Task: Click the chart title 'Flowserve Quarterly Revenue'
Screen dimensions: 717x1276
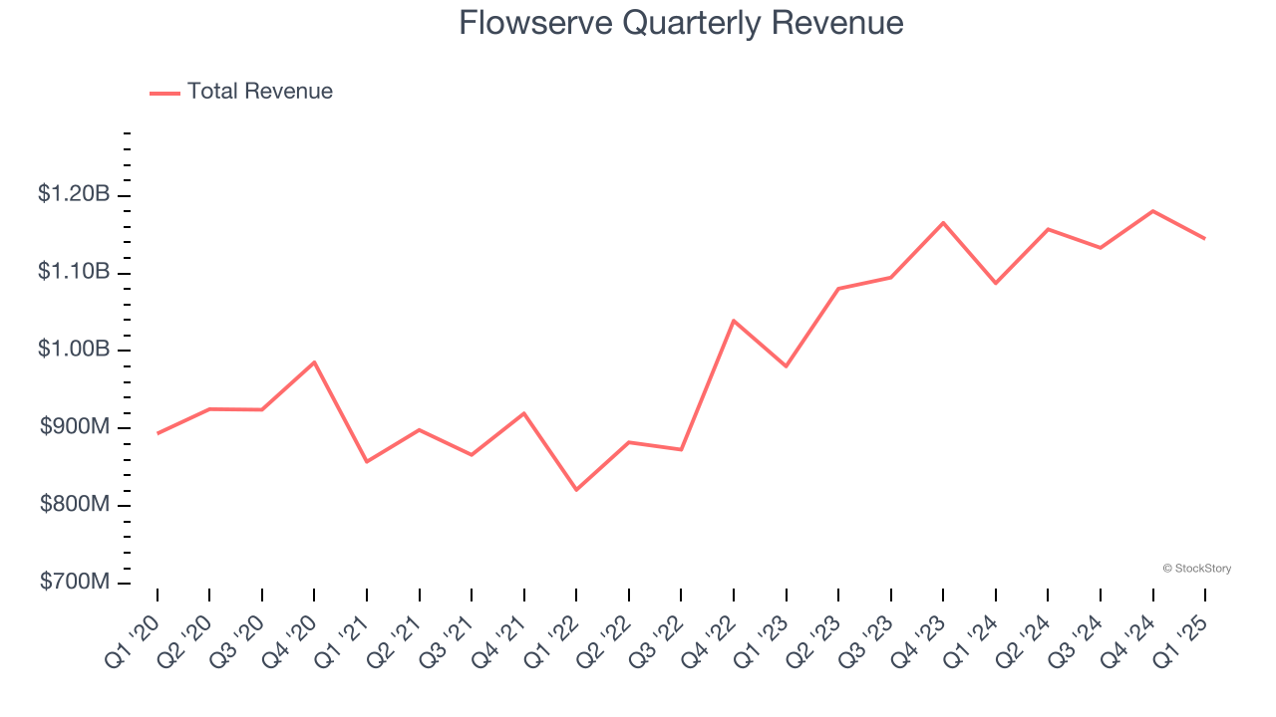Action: pos(681,23)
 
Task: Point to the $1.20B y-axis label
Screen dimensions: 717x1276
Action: pos(74,194)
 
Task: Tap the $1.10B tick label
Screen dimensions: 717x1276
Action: pos(74,272)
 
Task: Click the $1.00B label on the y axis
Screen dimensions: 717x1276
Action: pos(74,350)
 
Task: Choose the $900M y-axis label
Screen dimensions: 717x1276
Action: pos(75,427)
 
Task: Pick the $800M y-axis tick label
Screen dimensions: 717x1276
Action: pos(75,505)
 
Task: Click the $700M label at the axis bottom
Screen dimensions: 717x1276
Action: pos(75,582)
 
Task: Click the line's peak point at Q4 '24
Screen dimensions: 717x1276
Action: pos(1153,211)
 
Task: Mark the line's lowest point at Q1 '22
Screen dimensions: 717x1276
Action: pos(576,490)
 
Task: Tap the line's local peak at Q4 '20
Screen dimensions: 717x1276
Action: pos(314,362)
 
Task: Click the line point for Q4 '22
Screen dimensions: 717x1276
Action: pos(734,321)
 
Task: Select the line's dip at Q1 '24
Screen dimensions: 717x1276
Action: pos(996,284)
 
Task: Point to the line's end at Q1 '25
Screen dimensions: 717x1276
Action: pos(1205,239)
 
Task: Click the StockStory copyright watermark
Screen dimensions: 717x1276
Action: pos(1196,569)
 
